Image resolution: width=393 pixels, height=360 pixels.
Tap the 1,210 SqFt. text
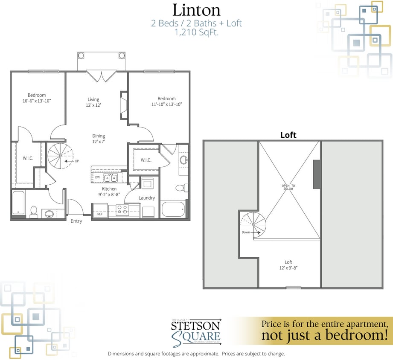click(196, 33)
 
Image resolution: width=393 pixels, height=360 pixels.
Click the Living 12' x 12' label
click(94, 102)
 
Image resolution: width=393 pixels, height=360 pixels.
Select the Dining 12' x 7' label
click(99, 139)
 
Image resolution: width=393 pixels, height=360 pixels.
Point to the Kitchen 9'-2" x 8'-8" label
click(109, 192)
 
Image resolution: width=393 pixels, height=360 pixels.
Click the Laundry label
click(146, 198)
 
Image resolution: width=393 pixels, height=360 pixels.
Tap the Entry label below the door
click(76, 221)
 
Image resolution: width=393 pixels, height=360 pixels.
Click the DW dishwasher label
click(97, 177)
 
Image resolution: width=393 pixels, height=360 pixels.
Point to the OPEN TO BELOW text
click(288, 188)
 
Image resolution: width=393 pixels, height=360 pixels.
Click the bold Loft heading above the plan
click(288, 135)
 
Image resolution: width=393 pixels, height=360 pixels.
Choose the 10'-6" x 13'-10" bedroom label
click(37, 98)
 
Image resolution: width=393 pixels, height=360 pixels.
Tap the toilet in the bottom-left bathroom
click(34, 211)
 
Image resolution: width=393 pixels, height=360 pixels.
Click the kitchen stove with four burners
click(123, 209)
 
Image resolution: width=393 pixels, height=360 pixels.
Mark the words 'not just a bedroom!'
click(324, 335)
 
